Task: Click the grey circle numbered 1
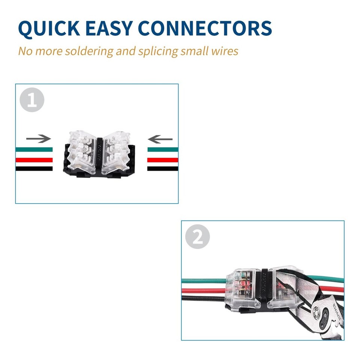(x=32, y=100)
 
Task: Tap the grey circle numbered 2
(x=198, y=237)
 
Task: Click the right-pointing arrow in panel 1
(x=38, y=139)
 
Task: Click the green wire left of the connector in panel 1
(x=34, y=149)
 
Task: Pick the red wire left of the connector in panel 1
(x=34, y=160)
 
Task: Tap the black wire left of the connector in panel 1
(x=34, y=169)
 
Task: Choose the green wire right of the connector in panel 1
(x=163, y=149)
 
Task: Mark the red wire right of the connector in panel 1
(x=163, y=160)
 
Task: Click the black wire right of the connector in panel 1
(x=163, y=169)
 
